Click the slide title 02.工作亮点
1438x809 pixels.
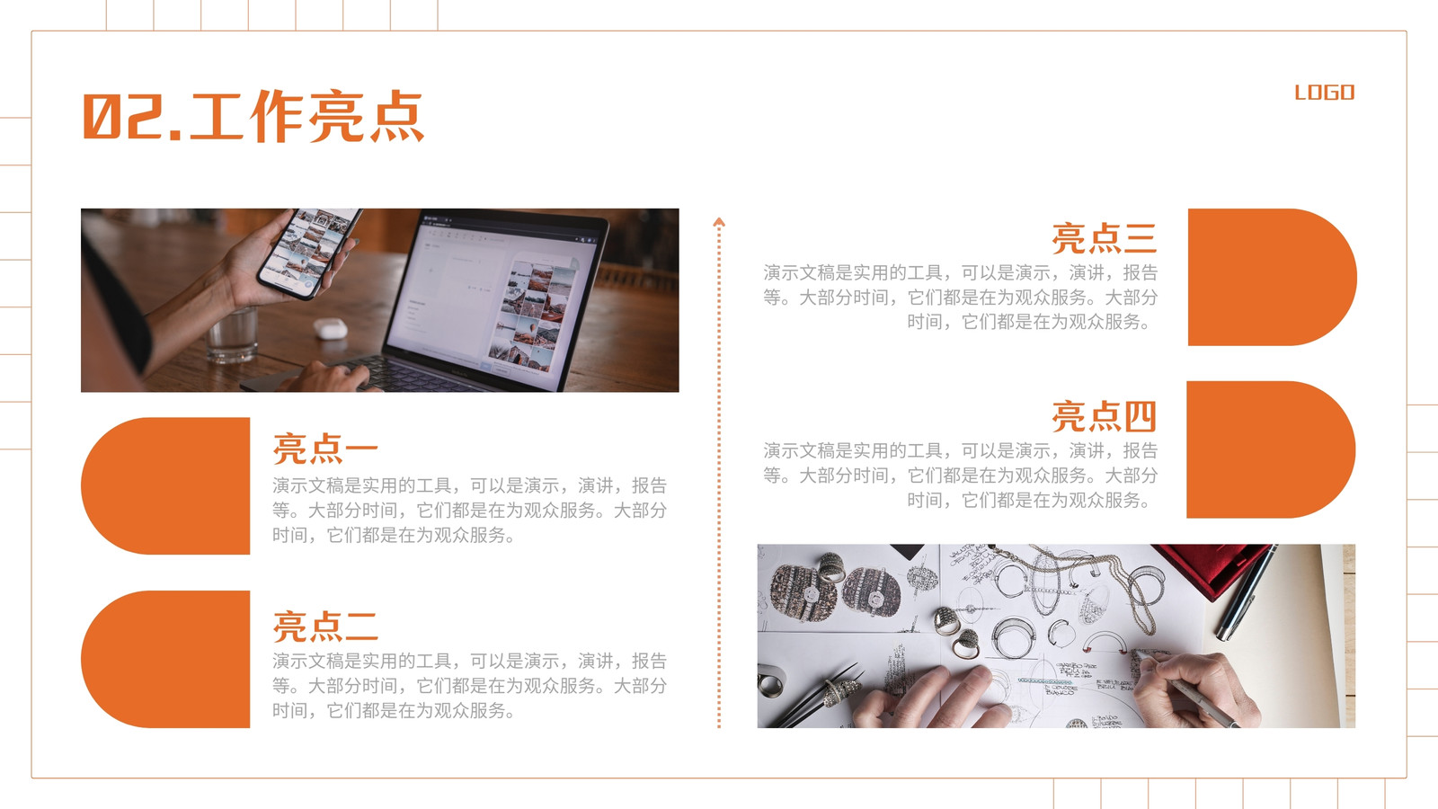coord(253,116)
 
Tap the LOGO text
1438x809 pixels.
coord(1325,93)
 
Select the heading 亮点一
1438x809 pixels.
coord(324,449)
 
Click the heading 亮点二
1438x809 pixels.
coord(324,626)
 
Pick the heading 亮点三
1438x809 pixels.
coord(1105,238)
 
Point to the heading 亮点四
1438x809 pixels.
coord(1105,416)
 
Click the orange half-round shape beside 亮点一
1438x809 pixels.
coord(165,486)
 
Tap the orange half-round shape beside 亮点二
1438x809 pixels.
coord(165,660)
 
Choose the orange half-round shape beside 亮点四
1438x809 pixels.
coord(1271,449)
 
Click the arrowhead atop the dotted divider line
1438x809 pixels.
coord(719,222)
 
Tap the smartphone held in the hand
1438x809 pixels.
coord(309,253)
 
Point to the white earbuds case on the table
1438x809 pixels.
coord(331,329)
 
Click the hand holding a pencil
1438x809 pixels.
coord(1195,690)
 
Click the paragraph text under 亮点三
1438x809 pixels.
coord(961,298)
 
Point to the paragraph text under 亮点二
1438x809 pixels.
coord(469,685)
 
